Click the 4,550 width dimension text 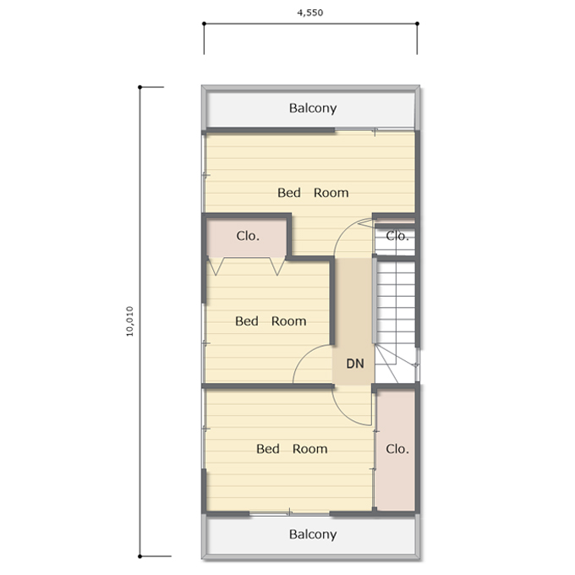pos(309,13)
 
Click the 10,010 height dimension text pos(130,321)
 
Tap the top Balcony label pos(313,108)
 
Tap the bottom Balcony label pos(313,534)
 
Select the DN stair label pos(355,364)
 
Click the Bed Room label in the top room pos(313,193)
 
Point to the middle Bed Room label pos(271,321)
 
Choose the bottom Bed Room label pos(292,449)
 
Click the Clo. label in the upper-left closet pos(248,236)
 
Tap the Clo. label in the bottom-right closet pos(397,449)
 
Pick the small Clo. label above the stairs pos(397,236)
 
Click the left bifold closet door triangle pos(216,266)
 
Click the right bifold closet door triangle pos(277,266)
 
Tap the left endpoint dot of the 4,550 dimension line pos(205,24)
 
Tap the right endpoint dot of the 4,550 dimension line pos(418,24)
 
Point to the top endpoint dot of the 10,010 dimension pos(140,87)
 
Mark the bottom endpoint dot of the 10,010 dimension pos(140,556)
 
